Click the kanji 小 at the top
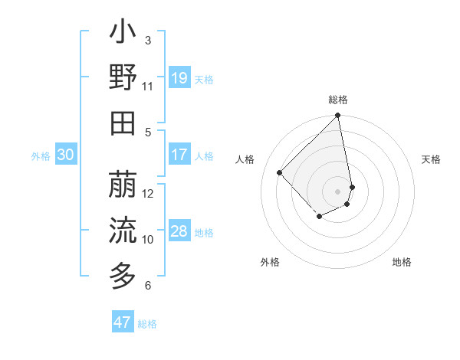click(123, 34)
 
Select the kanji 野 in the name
click(123, 78)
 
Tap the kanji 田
click(123, 122)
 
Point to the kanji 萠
click(123, 184)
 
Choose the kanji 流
click(123, 228)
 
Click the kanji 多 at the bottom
click(123, 273)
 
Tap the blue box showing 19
click(179, 78)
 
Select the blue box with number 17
click(179, 155)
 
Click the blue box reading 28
click(179, 231)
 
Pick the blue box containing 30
click(66, 155)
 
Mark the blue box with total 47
click(123, 322)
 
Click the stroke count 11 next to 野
click(148, 87)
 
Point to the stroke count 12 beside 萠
click(148, 193)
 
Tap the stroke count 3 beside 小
click(147, 40)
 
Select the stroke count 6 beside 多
click(148, 286)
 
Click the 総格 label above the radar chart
click(337, 100)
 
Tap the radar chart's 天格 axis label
click(431, 159)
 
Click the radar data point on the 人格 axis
click(280, 172)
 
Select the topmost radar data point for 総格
click(337, 116)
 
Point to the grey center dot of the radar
click(337, 191)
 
